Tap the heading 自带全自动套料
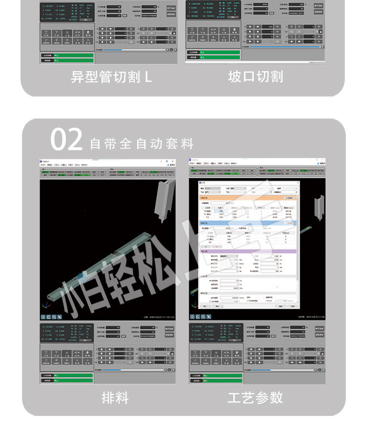tap(142, 144)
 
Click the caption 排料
tap(115, 398)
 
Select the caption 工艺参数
tap(255, 397)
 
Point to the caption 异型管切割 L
tap(111, 77)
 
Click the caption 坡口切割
tap(255, 77)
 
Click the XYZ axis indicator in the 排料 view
tap(44, 307)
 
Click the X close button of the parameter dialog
tap(296, 182)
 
